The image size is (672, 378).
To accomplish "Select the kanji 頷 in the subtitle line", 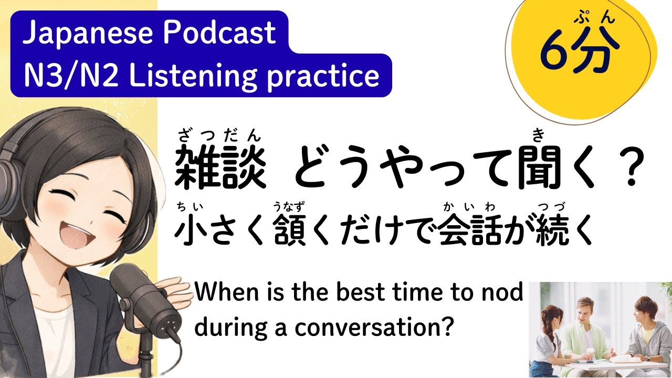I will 289,232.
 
